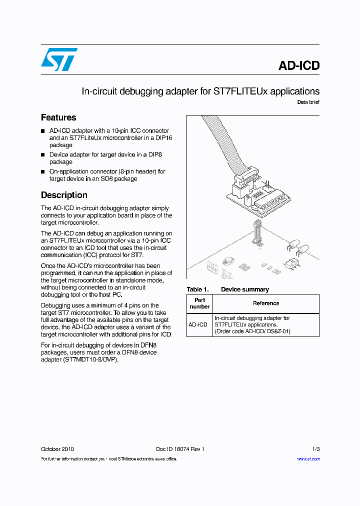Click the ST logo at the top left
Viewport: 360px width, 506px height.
pyautogui.click(x=59, y=59)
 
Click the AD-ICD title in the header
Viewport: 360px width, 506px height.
pyautogui.click(x=298, y=65)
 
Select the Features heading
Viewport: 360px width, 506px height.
pyautogui.click(x=58, y=117)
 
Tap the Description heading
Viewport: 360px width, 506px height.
pyautogui.click(x=64, y=195)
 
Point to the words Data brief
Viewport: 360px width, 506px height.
pyautogui.click(x=308, y=102)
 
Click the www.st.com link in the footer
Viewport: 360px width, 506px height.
pyautogui.click(x=308, y=458)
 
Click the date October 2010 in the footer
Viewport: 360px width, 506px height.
pyautogui.click(x=57, y=449)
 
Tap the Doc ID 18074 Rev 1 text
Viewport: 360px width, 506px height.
pyautogui.click(x=180, y=449)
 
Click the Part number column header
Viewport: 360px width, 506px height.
pyautogui.click(x=199, y=303)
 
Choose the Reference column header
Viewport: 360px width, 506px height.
pyautogui.click(x=266, y=303)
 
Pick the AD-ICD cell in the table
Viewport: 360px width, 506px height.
pyautogui.click(x=198, y=324)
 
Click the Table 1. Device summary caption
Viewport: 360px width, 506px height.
pyautogui.click(x=227, y=289)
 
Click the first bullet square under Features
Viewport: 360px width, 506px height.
pyautogui.click(x=43, y=131)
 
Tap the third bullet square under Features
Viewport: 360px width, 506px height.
pyautogui.click(x=43, y=171)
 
